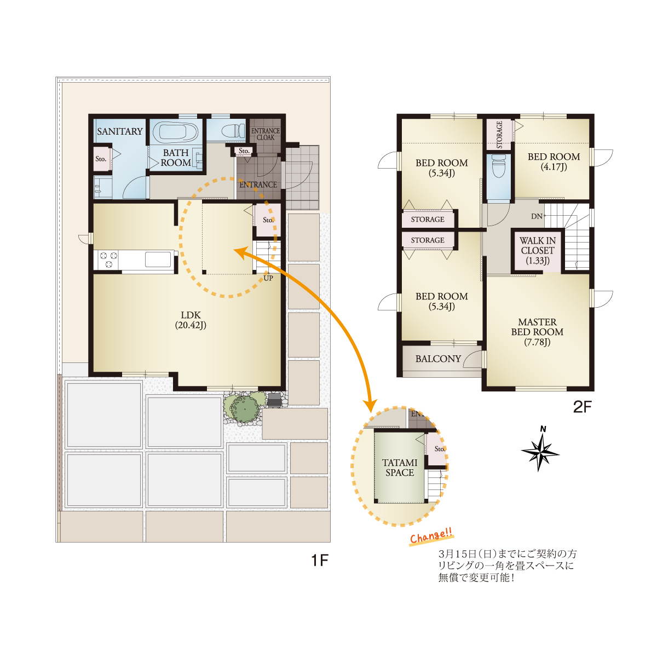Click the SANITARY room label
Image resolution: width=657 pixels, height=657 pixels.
120,131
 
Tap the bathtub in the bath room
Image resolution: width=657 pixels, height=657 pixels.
175,131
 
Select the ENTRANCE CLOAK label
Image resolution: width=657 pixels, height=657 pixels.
265,134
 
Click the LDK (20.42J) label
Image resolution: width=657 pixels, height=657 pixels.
191,320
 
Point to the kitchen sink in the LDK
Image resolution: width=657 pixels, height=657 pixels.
158,259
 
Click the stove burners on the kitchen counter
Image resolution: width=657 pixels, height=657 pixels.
108,259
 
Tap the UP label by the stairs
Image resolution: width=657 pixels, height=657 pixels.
268,278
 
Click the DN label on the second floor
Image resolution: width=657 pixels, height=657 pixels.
537,216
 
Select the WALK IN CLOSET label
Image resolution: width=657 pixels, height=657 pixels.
537,250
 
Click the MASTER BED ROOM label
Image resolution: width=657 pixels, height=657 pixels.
537,332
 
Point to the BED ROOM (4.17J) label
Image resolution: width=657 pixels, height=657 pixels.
554,162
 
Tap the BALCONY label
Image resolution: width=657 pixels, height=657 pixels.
438,359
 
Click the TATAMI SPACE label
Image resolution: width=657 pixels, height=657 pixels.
400,468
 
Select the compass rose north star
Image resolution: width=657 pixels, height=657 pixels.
540,451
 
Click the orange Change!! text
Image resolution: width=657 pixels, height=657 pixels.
431,536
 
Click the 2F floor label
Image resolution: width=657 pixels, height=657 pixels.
583,407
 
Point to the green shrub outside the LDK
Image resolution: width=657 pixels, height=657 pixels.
244,407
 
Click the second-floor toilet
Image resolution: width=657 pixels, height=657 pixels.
499,166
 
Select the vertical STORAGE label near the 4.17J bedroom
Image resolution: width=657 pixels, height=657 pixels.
499,135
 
